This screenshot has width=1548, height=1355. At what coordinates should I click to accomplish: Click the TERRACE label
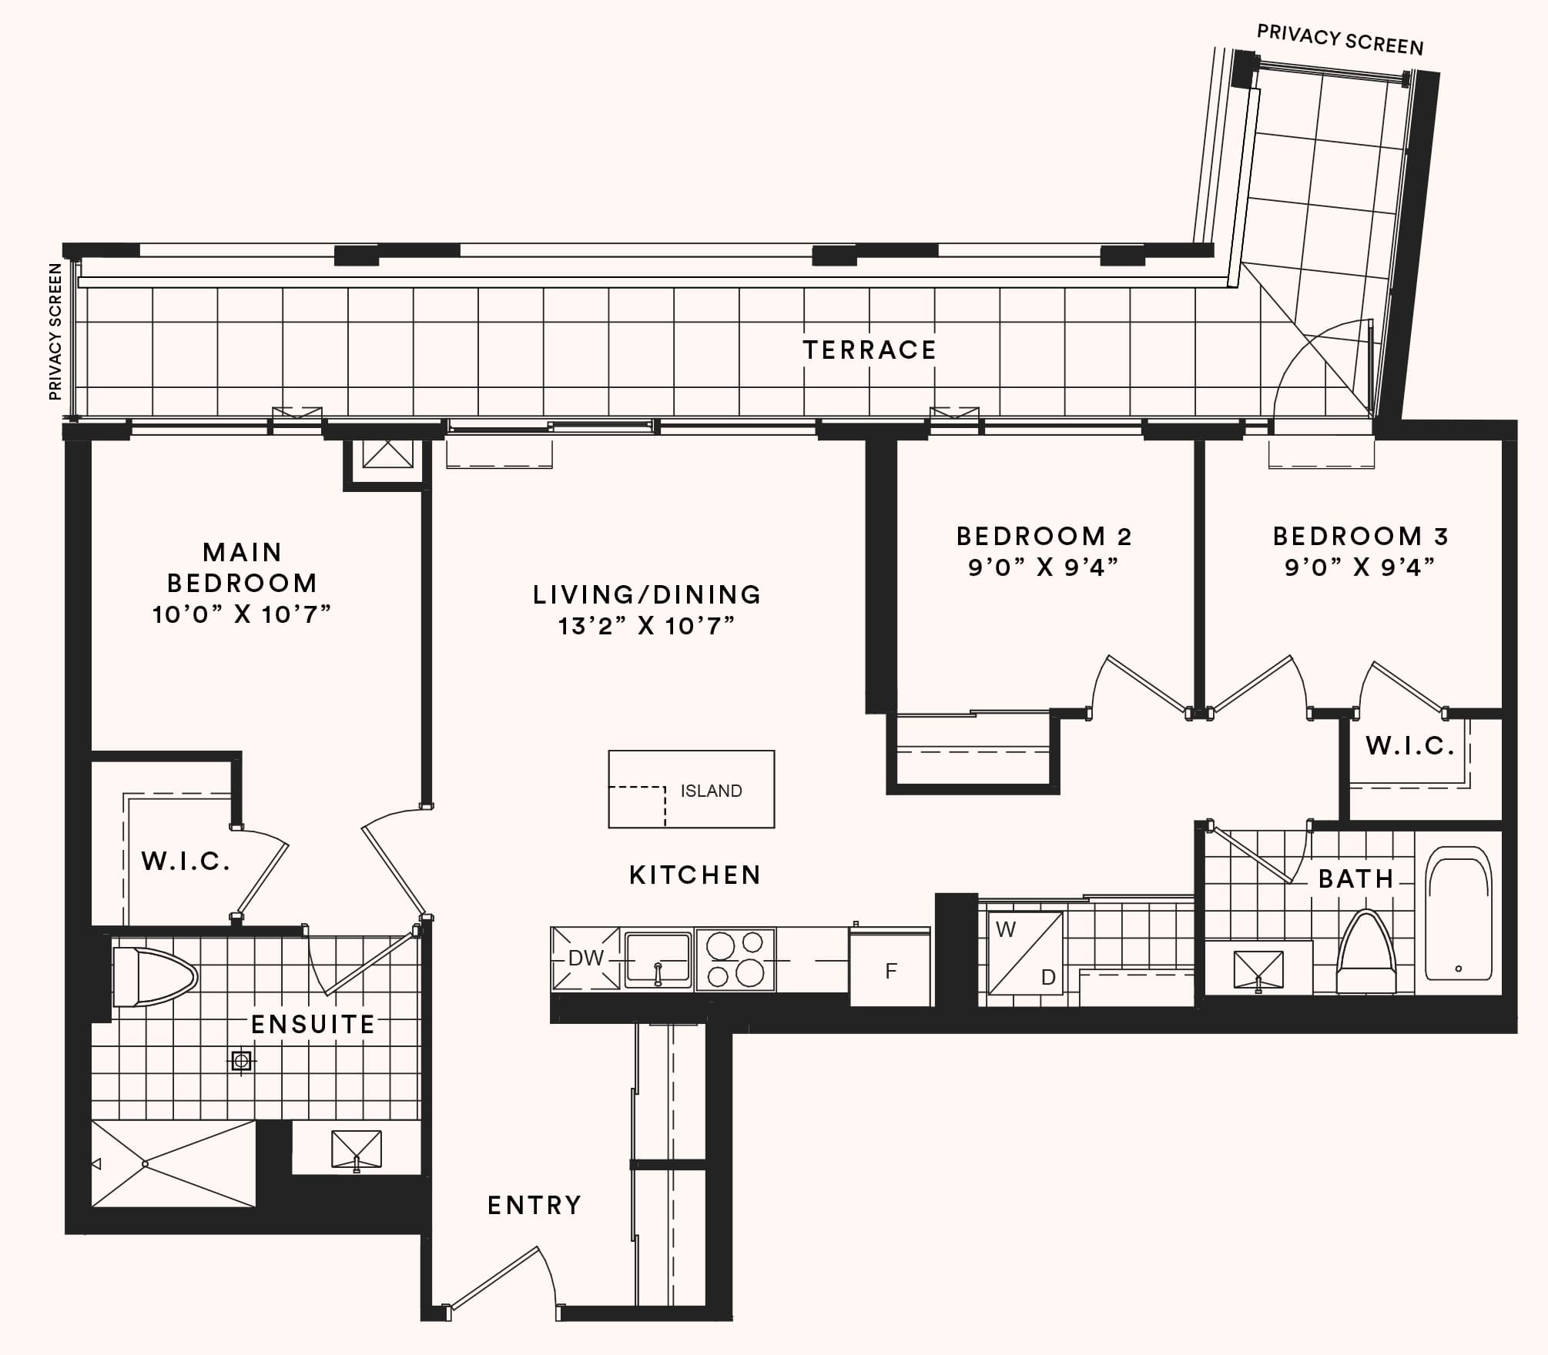coord(869,350)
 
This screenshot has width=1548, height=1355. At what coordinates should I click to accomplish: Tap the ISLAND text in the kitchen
coord(711,791)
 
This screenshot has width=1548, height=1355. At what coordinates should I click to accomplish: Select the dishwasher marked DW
coord(585,959)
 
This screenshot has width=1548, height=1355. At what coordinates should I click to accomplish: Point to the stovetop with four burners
coord(735,959)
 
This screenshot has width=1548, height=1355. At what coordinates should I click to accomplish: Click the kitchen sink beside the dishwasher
coord(658,959)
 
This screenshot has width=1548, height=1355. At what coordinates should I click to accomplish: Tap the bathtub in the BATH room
coord(1458,913)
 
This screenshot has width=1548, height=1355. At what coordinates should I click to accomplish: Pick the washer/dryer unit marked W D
coord(1026,953)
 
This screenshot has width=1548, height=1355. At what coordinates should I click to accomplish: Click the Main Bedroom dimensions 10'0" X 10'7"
coord(242,614)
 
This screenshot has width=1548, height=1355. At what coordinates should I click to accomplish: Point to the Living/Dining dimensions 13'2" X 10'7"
coord(647,626)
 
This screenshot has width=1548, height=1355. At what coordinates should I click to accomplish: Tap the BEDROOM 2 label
coord(1044,536)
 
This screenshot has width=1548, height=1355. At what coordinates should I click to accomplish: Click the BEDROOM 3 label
coord(1361,536)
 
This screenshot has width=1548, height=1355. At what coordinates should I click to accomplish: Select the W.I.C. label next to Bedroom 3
coord(1410,745)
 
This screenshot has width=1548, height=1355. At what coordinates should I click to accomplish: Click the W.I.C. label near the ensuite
coord(186,861)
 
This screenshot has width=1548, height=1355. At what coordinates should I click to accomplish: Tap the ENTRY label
coord(534,1205)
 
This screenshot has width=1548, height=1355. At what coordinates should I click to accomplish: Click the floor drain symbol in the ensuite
coord(242,1062)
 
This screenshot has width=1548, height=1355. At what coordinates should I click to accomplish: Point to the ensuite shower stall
coord(173,1163)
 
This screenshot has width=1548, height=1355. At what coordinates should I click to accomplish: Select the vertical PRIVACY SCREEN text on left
coord(55,332)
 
